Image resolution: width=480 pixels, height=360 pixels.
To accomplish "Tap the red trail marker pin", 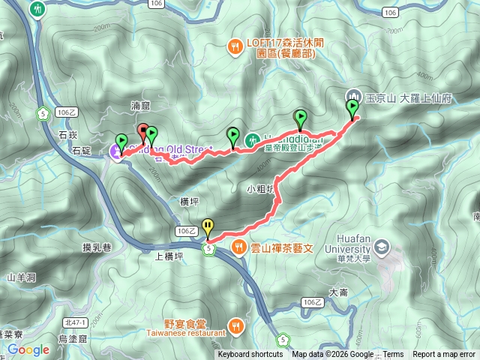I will [x=143, y=130].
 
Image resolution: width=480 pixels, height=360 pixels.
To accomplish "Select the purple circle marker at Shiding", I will [x=117, y=152].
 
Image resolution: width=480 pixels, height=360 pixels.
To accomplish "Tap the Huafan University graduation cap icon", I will [x=382, y=247].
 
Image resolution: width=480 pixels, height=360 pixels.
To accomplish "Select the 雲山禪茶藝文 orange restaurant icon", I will [x=238, y=247].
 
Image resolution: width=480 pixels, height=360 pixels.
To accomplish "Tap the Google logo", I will [x=28, y=349].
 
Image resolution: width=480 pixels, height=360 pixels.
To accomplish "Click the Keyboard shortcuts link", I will [x=250, y=355].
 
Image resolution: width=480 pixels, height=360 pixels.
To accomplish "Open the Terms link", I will [x=394, y=355].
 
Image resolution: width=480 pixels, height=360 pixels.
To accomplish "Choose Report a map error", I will [x=443, y=355].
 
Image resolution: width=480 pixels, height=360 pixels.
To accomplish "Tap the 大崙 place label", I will [x=337, y=293].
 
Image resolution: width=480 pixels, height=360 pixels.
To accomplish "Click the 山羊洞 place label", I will [x=22, y=277].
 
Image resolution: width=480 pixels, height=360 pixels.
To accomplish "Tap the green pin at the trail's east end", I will [x=352, y=109].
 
